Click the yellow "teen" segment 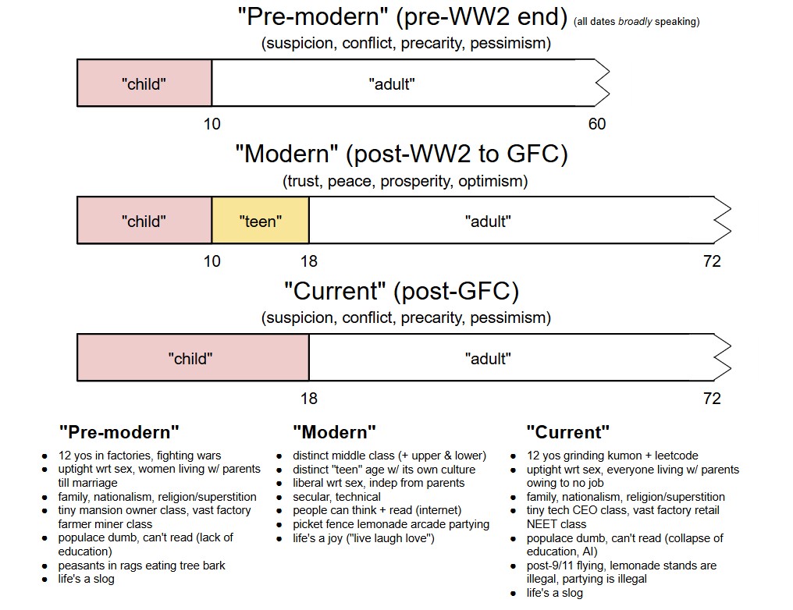point(260,221)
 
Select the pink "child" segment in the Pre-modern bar point(144,83)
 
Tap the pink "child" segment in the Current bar point(192,358)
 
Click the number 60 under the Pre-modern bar point(596,124)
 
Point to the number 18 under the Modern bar point(309,261)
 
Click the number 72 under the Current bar point(712,399)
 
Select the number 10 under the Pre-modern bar point(212,124)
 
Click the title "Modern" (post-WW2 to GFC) point(401,154)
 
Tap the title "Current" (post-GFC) point(401,291)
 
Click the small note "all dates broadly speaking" point(636,22)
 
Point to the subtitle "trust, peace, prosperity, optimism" point(405,182)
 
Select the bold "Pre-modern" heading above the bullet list point(119,431)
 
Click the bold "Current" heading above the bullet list point(567,431)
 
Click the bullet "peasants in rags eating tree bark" point(141,565)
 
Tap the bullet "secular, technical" point(336,496)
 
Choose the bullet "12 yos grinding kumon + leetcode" point(612,456)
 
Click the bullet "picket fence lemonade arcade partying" point(391,524)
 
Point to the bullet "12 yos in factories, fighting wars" point(140,456)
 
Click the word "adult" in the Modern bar point(488,221)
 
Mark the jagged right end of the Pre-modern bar point(601,83)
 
